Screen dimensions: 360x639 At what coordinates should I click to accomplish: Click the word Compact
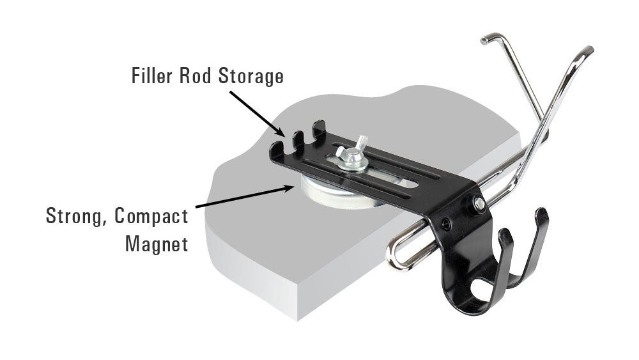point(151,216)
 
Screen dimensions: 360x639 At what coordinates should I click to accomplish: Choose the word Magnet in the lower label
point(157,244)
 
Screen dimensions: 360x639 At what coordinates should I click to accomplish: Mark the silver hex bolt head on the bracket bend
point(479,204)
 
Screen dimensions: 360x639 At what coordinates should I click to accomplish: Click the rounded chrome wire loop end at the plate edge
point(395,258)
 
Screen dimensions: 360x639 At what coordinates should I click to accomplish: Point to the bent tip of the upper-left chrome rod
point(486,40)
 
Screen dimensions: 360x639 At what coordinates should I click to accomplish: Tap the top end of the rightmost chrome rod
point(589,51)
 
